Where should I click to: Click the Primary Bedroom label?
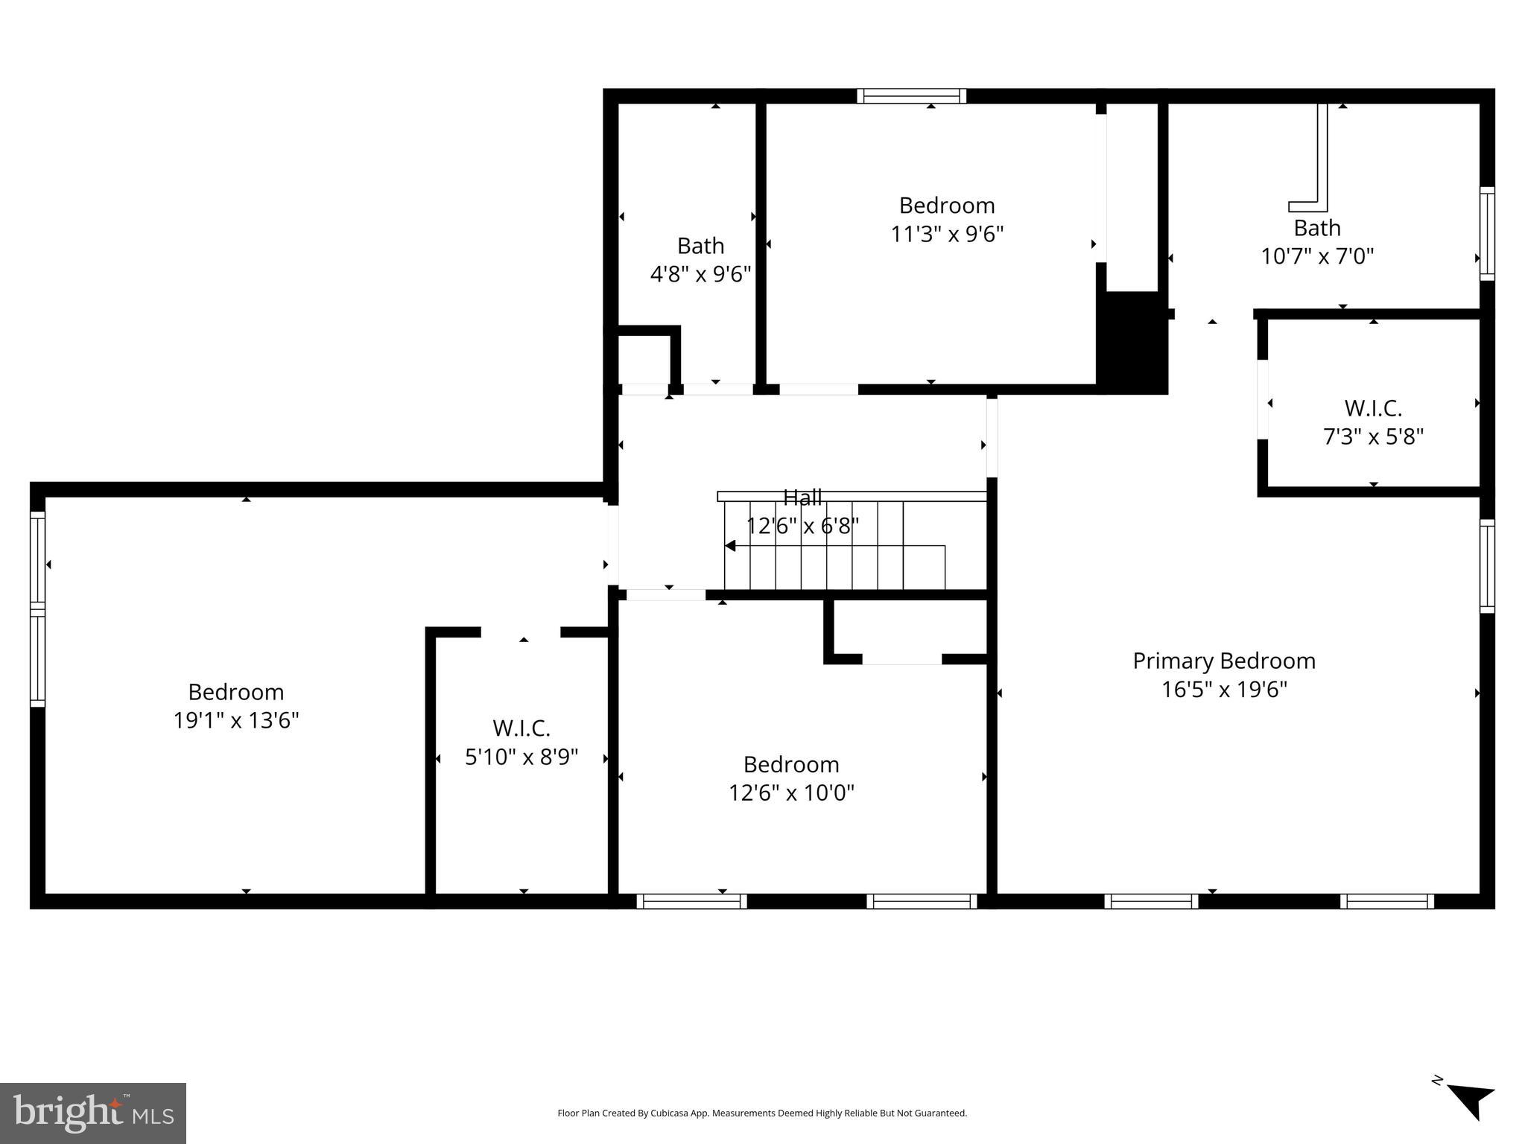[x=1223, y=661]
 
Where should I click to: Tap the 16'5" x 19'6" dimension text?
[x=1223, y=690]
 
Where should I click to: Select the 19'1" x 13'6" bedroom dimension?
[x=236, y=721]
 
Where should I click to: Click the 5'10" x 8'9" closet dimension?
[x=521, y=757]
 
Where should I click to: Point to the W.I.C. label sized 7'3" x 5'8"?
[x=1372, y=408]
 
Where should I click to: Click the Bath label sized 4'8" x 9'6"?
[x=700, y=246]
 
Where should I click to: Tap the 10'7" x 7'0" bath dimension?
[x=1316, y=257]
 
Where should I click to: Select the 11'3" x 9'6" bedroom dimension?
[x=946, y=235]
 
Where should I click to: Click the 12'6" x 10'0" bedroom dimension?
[x=790, y=792]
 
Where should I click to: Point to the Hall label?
[x=802, y=497]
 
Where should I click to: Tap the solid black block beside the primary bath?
[x=1131, y=343]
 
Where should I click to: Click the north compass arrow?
[x=1471, y=1100]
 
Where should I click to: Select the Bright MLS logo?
[x=93, y=1113]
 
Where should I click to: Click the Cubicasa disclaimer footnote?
[x=761, y=1113]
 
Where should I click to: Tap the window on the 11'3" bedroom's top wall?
[x=910, y=96]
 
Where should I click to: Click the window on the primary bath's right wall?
[x=1486, y=234]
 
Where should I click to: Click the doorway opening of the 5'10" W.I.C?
[x=521, y=633]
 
